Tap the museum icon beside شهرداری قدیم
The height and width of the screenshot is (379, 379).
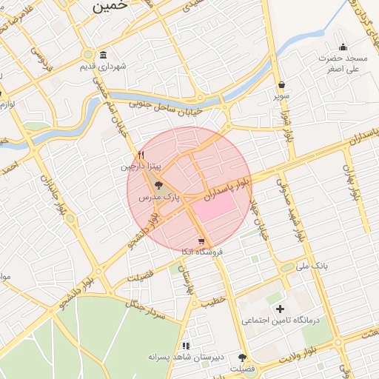coord(101,56)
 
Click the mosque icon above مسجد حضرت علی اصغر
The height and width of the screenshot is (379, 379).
coord(342,46)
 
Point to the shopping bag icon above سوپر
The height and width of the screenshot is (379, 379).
coord(282,84)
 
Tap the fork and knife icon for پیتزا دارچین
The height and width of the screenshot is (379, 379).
coord(141,155)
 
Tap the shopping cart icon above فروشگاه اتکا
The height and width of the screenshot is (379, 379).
coord(201,241)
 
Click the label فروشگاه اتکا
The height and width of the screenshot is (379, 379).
coord(201,252)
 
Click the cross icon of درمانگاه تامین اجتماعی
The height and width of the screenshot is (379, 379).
coord(280,309)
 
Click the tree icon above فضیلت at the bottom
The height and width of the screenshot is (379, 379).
coord(242,358)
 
